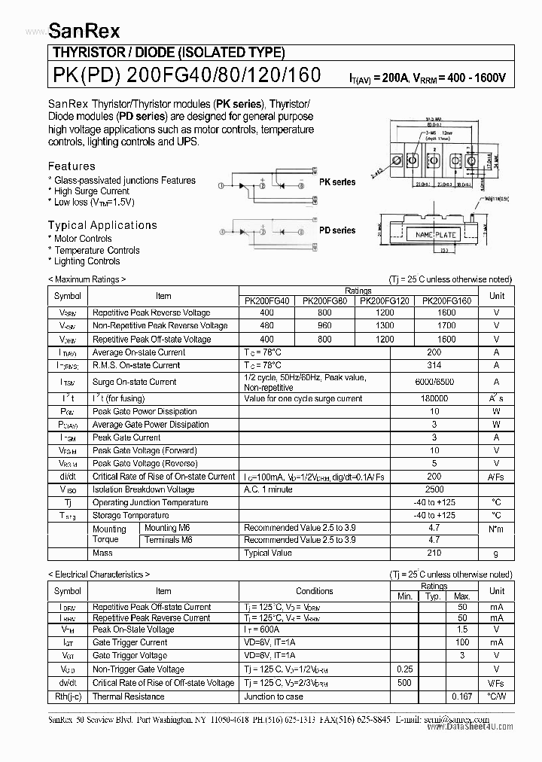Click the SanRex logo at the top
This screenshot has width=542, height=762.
coord(84,29)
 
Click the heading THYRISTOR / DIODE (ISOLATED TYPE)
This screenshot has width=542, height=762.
coord(168,53)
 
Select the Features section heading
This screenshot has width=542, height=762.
coord(72,166)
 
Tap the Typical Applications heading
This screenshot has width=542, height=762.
coord(102,225)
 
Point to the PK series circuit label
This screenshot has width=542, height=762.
coord(337,183)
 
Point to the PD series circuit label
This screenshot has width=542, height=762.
coord(337,230)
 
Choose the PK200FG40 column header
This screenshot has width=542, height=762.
coord(266,300)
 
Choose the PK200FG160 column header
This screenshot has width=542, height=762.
coord(446,300)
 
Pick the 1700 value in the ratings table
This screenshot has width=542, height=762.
coord(446,326)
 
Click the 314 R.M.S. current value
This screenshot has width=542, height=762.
coord(434,365)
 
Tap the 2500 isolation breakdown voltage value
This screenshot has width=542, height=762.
coord(434,489)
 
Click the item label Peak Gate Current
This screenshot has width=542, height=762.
coord(126,437)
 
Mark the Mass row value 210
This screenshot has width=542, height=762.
coord(434,553)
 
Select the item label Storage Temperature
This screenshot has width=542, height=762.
coord(130,515)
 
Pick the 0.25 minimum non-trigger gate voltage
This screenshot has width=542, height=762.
coord(405,669)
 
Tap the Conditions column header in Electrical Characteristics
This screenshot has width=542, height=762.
coord(314,591)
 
